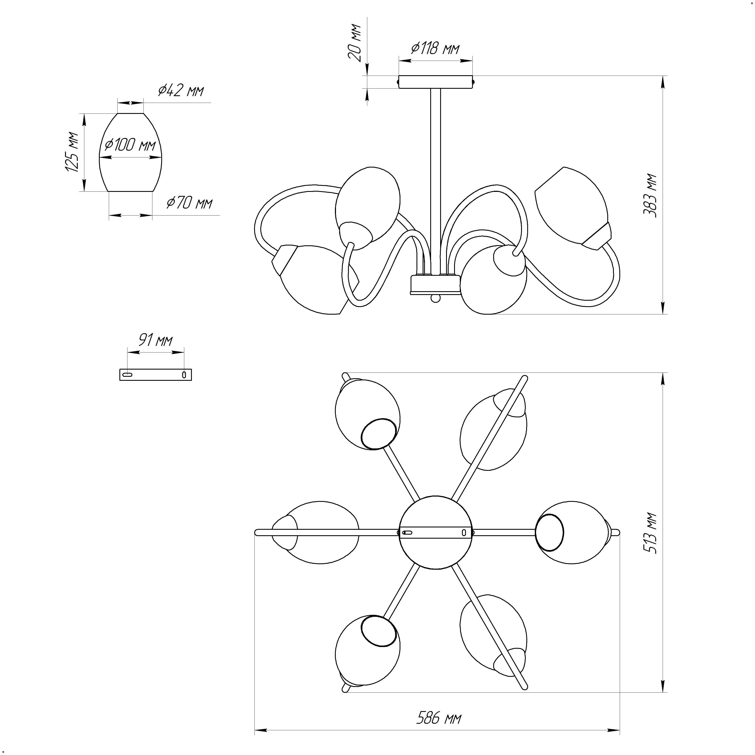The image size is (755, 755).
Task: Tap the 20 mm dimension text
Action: click(355, 43)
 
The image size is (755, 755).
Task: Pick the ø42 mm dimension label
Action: click(181, 91)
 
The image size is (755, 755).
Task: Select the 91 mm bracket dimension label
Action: click(156, 340)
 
